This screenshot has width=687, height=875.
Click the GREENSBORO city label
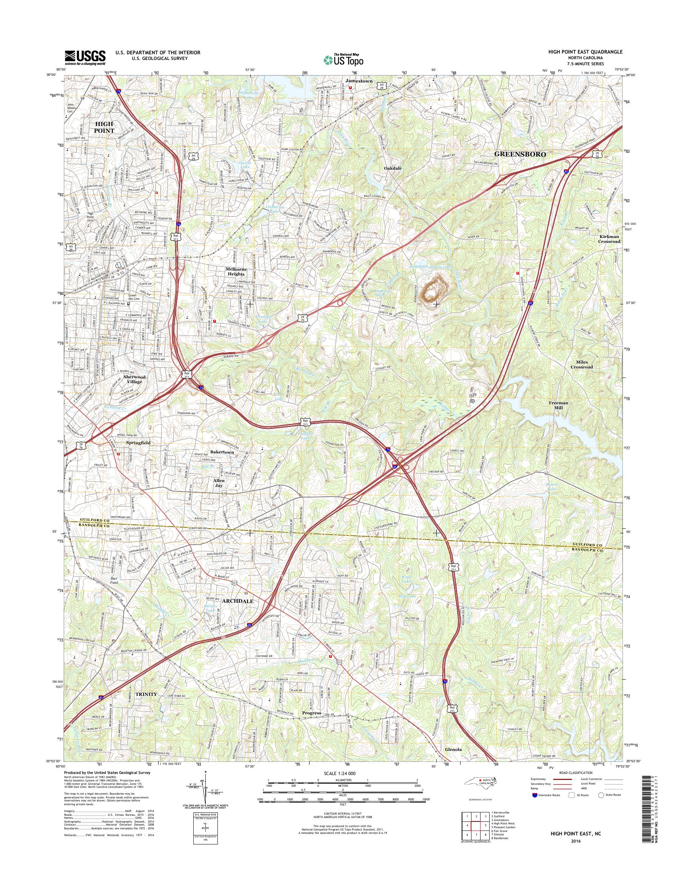pyautogui.click(x=520, y=154)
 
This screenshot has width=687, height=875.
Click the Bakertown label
pyautogui.click(x=222, y=452)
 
